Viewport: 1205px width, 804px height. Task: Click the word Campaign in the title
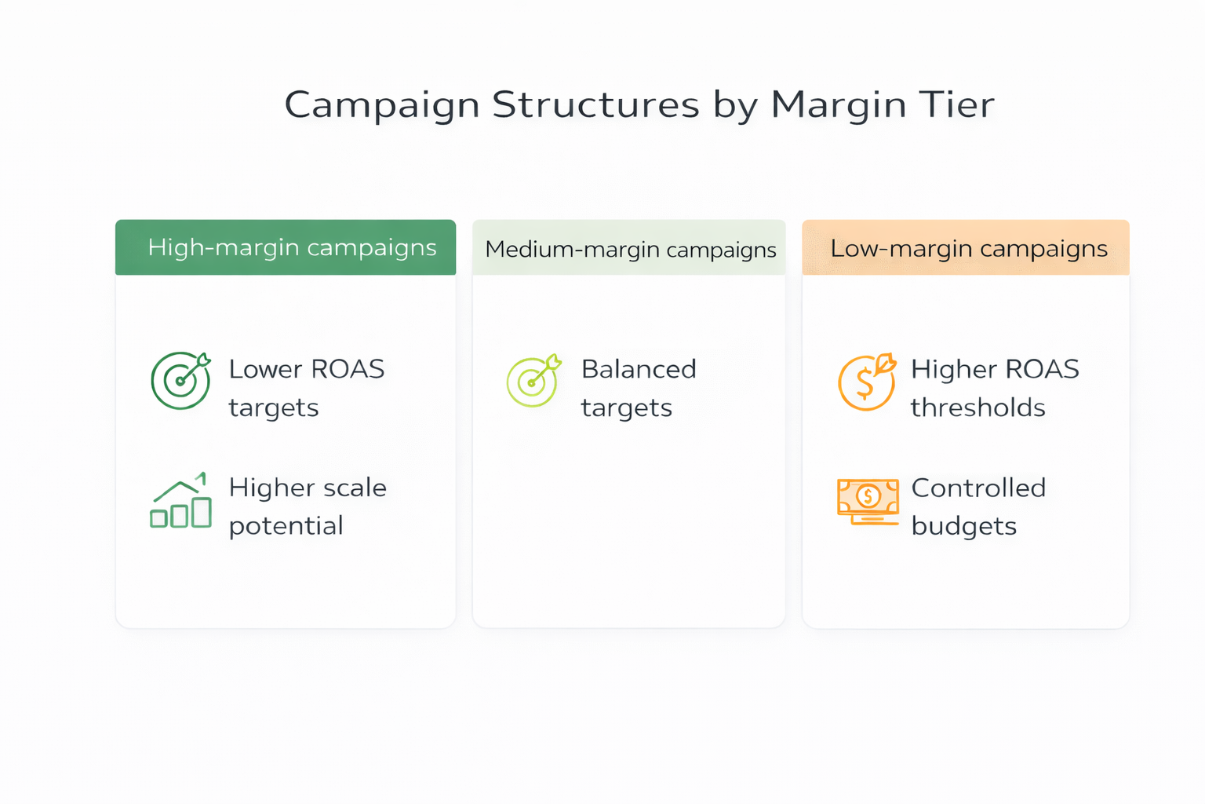pyautogui.click(x=382, y=105)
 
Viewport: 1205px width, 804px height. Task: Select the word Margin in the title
pyautogui.click(x=839, y=105)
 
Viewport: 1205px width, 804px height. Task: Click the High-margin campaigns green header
pyautogui.click(x=286, y=247)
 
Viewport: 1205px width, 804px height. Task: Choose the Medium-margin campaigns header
pyautogui.click(x=629, y=249)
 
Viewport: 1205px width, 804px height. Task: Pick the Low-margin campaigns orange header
pyautogui.click(x=966, y=248)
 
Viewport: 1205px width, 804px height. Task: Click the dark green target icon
pyautogui.click(x=180, y=380)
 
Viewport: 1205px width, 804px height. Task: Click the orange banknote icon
pyautogui.click(x=868, y=501)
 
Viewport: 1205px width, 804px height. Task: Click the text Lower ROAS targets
pyautogui.click(x=306, y=388)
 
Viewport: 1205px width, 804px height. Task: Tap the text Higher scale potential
pyautogui.click(x=308, y=506)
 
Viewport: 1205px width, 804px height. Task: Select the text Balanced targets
pyautogui.click(x=639, y=388)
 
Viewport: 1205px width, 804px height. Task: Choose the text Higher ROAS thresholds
pyautogui.click(x=995, y=388)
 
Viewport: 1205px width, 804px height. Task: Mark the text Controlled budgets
pyautogui.click(x=978, y=506)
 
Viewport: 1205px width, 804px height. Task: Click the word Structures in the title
pyautogui.click(x=595, y=105)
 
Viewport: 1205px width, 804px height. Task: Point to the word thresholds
pyautogui.click(x=977, y=407)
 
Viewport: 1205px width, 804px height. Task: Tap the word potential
pyautogui.click(x=286, y=526)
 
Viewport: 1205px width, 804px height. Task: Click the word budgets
pyautogui.click(x=963, y=526)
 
